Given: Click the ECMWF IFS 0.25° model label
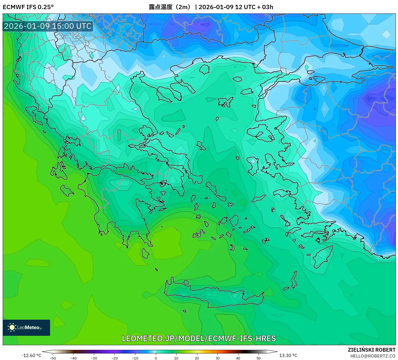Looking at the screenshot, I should [x=28, y=7].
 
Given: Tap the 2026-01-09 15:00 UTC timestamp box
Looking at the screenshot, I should [x=48, y=26].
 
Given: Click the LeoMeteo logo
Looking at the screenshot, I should [x=26, y=327].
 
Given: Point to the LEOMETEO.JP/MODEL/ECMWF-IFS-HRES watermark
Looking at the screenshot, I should [x=199, y=338].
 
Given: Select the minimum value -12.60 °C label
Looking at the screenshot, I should [x=31, y=355].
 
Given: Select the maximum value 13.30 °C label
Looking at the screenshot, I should [x=288, y=355].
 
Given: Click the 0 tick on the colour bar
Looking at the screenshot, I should [x=156, y=358].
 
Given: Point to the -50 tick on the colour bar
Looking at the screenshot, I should [x=53, y=358].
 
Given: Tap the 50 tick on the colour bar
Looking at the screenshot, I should [x=259, y=358].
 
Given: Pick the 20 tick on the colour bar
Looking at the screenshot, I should [x=197, y=358].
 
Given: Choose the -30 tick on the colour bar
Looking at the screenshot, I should [x=94, y=358].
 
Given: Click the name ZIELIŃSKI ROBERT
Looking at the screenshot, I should [x=372, y=350].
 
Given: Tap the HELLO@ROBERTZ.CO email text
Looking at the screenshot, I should [x=373, y=356].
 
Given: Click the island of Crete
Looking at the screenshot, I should [x=215, y=295].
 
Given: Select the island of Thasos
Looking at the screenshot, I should [x=204, y=69].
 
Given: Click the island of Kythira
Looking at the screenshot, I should [x=145, y=253].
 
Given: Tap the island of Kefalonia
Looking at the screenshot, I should [x=66, y=190].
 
